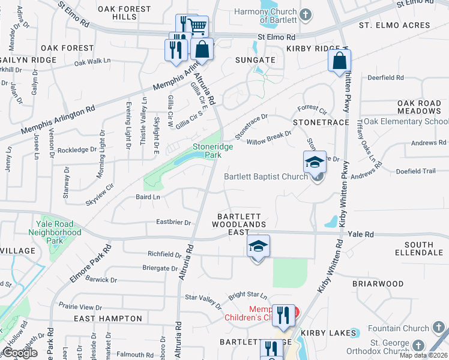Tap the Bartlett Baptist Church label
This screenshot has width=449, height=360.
point(266,176)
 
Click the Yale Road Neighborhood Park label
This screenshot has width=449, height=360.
point(55,232)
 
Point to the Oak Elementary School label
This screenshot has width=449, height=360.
point(406,121)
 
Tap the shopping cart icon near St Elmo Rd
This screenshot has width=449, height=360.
point(198,26)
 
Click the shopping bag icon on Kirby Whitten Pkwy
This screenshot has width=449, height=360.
point(339,60)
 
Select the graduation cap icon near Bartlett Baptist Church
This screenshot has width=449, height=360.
point(315,162)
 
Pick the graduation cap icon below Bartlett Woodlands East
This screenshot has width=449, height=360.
point(258,247)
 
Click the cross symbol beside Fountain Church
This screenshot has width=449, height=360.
point(438,328)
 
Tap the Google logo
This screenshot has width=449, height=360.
point(19,353)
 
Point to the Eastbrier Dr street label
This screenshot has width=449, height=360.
point(173,222)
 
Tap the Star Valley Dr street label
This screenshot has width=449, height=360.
point(203,297)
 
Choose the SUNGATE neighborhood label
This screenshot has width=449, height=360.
point(255,60)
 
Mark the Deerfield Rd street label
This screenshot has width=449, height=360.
point(385,78)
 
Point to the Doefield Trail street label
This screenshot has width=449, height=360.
point(415,171)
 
